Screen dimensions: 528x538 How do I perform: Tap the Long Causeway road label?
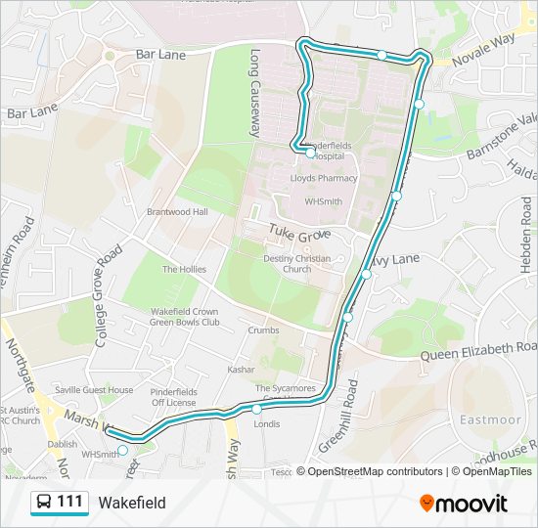pyautogui.click(x=256, y=92)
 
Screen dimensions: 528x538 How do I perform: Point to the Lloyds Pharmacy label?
pyautogui.click(x=324, y=179)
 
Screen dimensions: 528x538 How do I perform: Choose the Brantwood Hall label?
pyautogui.click(x=177, y=211)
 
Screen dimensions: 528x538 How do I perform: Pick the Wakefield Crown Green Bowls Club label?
pyautogui.click(x=184, y=317)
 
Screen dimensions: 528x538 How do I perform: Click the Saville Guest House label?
pyautogui.click(x=94, y=390)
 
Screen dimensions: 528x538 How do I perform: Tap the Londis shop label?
pyautogui.click(x=266, y=423)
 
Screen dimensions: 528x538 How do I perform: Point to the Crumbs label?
pyautogui.click(x=263, y=330)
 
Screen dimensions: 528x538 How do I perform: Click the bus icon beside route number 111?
pyautogui.click(x=44, y=503)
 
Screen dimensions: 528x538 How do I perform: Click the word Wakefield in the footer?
pyautogui.click(x=132, y=504)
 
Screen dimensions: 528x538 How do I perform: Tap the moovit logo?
pyautogui.click(x=464, y=504)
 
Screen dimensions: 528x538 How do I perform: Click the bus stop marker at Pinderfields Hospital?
pyautogui.click(x=310, y=153)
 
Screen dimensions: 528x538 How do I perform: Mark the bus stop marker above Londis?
pyautogui.click(x=256, y=409)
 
